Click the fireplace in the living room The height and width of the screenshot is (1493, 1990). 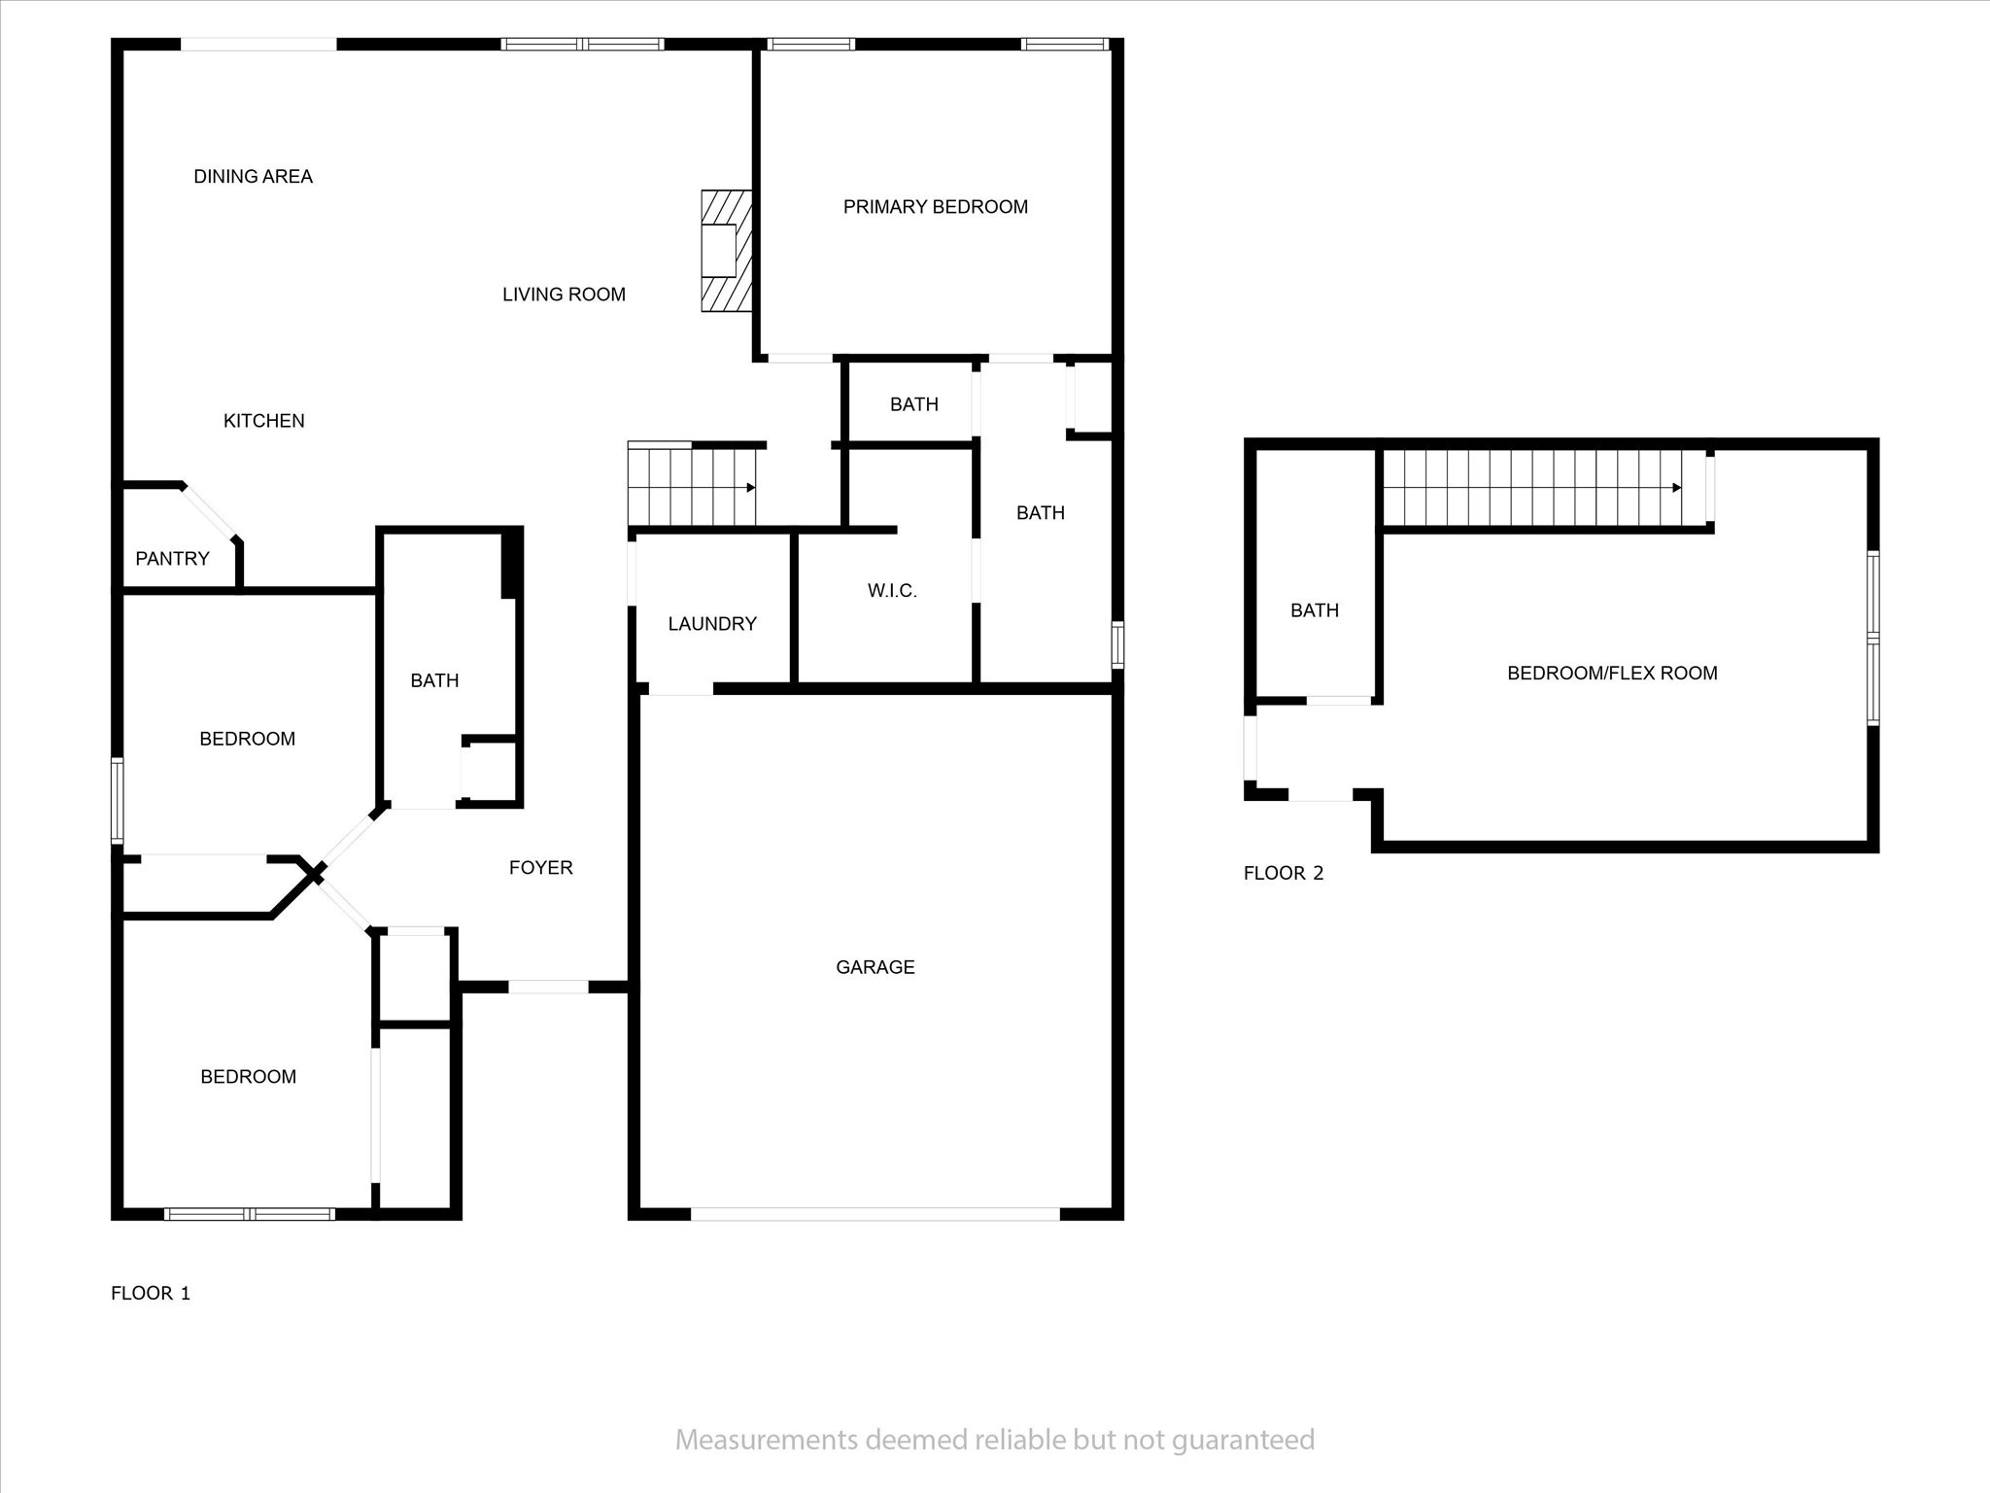pyautogui.click(x=727, y=251)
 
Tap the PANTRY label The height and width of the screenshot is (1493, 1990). pyautogui.click(x=172, y=559)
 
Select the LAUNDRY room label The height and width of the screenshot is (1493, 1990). pyautogui.click(x=712, y=624)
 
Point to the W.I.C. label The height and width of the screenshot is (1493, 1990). pyautogui.click(x=892, y=591)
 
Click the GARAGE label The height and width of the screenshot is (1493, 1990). pyautogui.click(x=875, y=967)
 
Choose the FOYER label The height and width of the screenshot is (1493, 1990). pyautogui.click(x=541, y=868)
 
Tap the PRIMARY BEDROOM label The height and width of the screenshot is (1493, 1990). pyautogui.click(x=936, y=207)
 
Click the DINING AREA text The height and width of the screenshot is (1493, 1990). pyautogui.click(x=253, y=177)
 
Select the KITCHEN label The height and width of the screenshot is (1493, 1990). pyautogui.click(x=264, y=421)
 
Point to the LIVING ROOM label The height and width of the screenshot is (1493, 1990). pyautogui.click(x=564, y=295)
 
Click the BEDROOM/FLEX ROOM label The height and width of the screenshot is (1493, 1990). pyautogui.click(x=1612, y=674)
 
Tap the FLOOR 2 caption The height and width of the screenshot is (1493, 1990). pyautogui.click(x=1284, y=873)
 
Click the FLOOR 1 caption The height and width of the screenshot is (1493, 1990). pyautogui.click(x=151, y=1293)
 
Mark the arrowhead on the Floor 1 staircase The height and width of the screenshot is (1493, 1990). pyautogui.click(x=751, y=488)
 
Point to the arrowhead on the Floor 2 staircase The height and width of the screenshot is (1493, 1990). pyautogui.click(x=1677, y=488)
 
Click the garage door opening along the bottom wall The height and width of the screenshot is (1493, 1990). pyautogui.click(x=875, y=1214)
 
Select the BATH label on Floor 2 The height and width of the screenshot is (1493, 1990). pyautogui.click(x=1315, y=610)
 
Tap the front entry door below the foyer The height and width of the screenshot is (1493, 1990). pyautogui.click(x=548, y=987)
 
